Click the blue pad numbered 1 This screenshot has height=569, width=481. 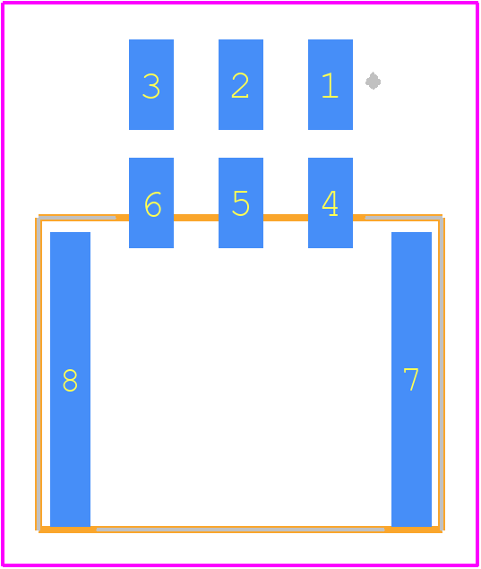click(331, 84)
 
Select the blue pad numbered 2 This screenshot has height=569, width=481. click(240, 84)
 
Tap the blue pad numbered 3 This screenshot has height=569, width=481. click(151, 84)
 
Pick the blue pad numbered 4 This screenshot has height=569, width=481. click(331, 203)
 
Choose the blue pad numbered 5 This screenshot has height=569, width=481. click(240, 203)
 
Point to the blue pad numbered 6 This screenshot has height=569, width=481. click(151, 203)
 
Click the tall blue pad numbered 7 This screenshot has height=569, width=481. click(411, 379)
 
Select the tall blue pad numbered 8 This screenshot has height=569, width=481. click(70, 379)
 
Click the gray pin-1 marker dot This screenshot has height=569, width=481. click(373, 81)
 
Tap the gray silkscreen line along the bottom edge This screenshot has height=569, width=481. click(240, 530)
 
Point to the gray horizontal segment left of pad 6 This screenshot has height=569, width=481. click(77, 218)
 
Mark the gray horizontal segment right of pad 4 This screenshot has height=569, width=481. click(403, 218)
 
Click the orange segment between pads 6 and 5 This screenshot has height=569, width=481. click(196, 218)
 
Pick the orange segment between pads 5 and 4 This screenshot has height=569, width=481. click(286, 218)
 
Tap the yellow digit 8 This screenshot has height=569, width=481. click(70, 380)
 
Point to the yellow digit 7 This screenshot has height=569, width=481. click(411, 379)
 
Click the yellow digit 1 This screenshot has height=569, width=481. click(331, 85)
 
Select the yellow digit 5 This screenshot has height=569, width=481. click(241, 203)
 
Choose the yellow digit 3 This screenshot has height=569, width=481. click(151, 86)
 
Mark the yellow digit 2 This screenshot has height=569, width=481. click(240, 85)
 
